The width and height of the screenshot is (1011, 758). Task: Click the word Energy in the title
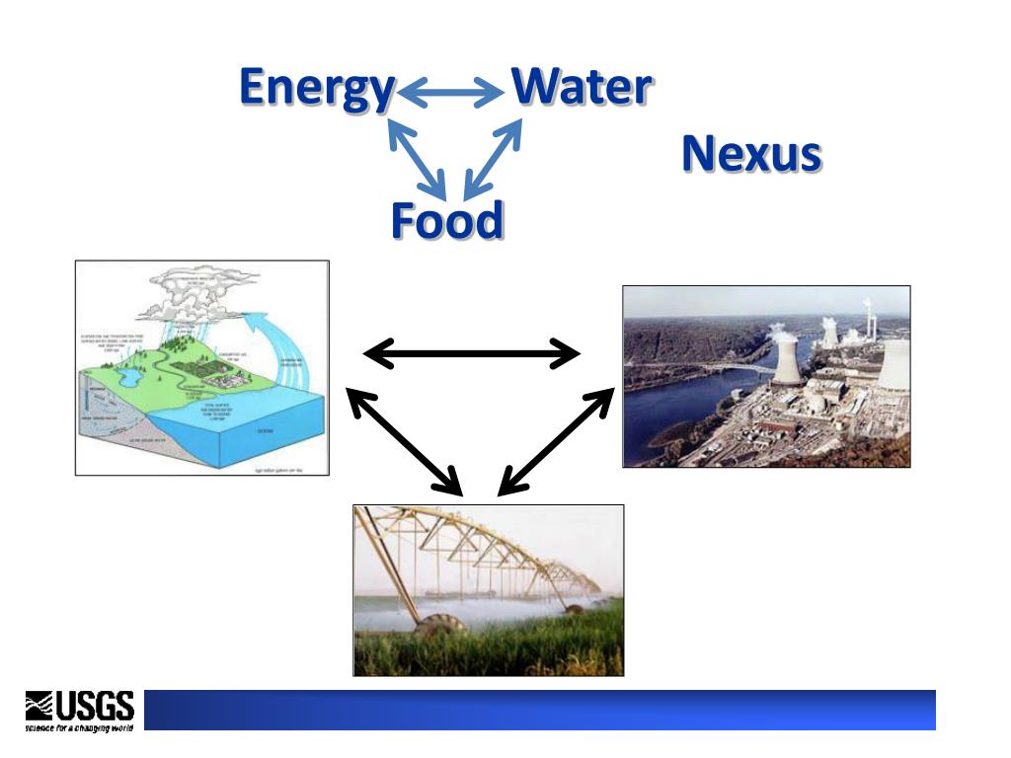316,88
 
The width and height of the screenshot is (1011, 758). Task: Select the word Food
446,220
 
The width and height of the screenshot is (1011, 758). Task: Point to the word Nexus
751,154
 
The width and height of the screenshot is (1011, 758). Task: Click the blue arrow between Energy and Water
451,93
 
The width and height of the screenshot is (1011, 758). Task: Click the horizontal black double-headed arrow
472,352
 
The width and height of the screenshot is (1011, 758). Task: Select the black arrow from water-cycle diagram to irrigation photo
404,441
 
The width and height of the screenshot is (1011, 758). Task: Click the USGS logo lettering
95,705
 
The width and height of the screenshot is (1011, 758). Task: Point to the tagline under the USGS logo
79,726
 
